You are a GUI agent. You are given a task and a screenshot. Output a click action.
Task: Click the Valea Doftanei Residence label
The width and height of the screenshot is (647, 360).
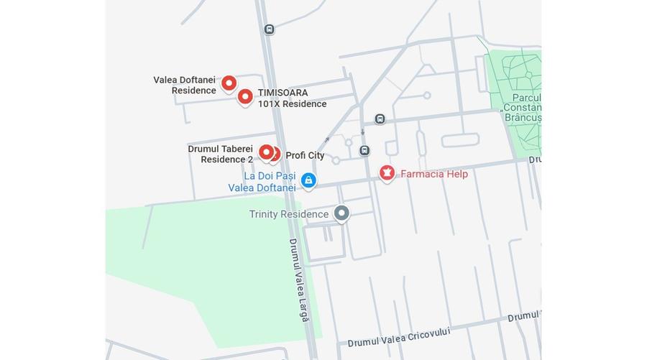[x=185, y=85]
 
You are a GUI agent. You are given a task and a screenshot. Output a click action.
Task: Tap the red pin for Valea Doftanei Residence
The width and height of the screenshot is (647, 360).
[x=229, y=83]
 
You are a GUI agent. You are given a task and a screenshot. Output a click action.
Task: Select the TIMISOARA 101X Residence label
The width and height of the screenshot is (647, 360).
[x=292, y=98]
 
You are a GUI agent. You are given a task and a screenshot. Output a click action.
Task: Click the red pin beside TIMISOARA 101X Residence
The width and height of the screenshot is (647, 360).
[x=245, y=96]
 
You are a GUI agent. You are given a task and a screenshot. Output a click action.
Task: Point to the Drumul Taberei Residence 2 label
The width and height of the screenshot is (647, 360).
[x=221, y=154]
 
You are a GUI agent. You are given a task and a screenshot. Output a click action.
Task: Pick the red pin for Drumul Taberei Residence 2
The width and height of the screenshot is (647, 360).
[x=266, y=152]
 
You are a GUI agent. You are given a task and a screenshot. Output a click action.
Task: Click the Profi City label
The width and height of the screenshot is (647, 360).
[x=305, y=155]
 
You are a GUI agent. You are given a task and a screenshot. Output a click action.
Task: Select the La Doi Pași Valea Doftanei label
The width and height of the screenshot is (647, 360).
[x=262, y=182]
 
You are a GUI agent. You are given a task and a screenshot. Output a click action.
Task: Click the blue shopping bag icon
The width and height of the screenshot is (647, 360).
[x=308, y=180]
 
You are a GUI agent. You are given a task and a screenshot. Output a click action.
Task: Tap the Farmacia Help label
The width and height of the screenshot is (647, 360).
[x=433, y=174]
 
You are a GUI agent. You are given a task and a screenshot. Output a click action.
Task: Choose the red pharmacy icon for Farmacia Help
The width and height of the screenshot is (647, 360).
[x=387, y=172]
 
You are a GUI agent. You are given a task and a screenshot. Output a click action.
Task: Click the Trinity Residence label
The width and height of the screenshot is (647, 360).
[x=288, y=214]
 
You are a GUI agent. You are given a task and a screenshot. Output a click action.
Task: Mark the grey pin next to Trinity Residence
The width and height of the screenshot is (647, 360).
[x=341, y=213]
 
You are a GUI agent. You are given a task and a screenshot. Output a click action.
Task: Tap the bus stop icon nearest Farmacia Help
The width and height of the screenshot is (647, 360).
[x=364, y=150]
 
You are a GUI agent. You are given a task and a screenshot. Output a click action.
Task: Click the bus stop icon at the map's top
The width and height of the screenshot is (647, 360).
[x=269, y=29]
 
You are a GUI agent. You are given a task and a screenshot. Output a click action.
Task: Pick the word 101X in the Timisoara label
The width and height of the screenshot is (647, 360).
[x=269, y=103]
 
